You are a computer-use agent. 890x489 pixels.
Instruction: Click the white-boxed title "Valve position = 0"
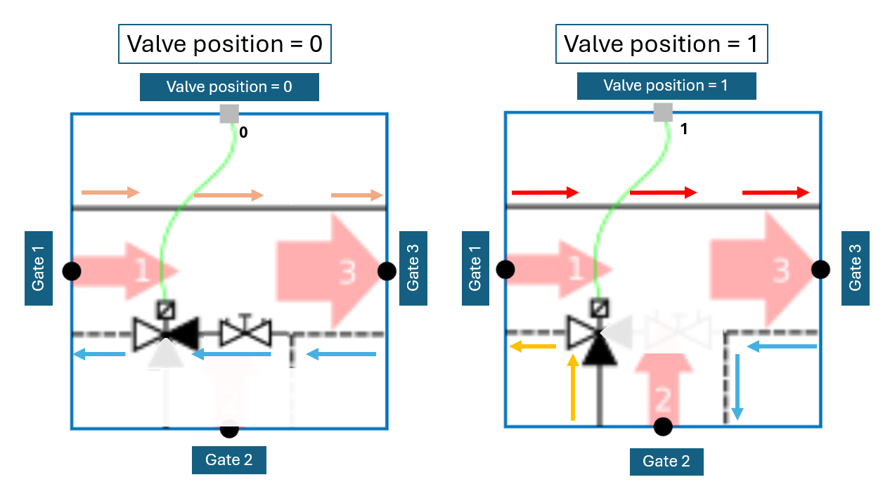click(225, 45)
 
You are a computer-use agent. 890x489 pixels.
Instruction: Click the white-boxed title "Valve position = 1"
click(662, 45)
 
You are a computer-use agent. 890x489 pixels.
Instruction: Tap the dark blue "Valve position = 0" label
click(229, 87)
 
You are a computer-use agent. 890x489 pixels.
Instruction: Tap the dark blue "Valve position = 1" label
click(666, 86)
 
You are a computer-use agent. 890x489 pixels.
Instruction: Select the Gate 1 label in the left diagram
click(39, 268)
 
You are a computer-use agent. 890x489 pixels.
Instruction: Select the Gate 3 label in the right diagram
click(855, 268)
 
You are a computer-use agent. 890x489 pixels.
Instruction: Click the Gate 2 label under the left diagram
click(229, 460)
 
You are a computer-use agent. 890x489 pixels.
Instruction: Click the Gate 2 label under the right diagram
click(666, 461)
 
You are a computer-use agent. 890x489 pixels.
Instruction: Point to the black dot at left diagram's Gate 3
click(386, 270)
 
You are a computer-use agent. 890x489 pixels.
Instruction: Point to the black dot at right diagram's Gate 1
click(505, 269)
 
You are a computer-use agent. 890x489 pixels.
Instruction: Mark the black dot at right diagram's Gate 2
click(663, 426)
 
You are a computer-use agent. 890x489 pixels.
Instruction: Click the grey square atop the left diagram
click(229, 114)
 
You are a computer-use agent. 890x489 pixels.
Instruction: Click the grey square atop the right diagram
click(663, 112)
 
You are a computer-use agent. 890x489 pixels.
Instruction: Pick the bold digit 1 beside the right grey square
click(684, 130)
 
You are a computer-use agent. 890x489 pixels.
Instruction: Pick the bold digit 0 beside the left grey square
click(243, 131)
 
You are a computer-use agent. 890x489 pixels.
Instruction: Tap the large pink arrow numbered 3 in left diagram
click(331, 270)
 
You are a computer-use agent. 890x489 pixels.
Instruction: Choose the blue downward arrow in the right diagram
click(737, 386)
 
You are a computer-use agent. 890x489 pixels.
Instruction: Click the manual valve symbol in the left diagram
click(246, 332)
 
